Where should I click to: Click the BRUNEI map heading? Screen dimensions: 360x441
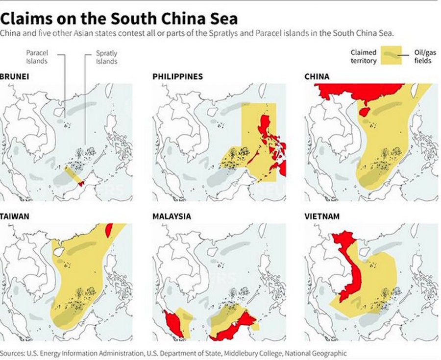pos(13,77)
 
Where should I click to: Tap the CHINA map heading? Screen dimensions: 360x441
pos(317,77)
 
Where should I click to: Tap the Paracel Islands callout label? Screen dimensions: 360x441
pos(37,57)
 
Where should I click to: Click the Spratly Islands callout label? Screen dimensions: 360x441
pos(106,57)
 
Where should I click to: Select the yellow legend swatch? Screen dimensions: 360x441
pos(391,56)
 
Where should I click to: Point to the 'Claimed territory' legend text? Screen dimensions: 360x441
pos(364,56)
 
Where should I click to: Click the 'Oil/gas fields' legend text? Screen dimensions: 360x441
pos(422,56)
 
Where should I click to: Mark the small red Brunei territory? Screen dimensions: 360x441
pos(82,183)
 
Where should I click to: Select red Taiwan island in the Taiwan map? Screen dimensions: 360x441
pos(109,229)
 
